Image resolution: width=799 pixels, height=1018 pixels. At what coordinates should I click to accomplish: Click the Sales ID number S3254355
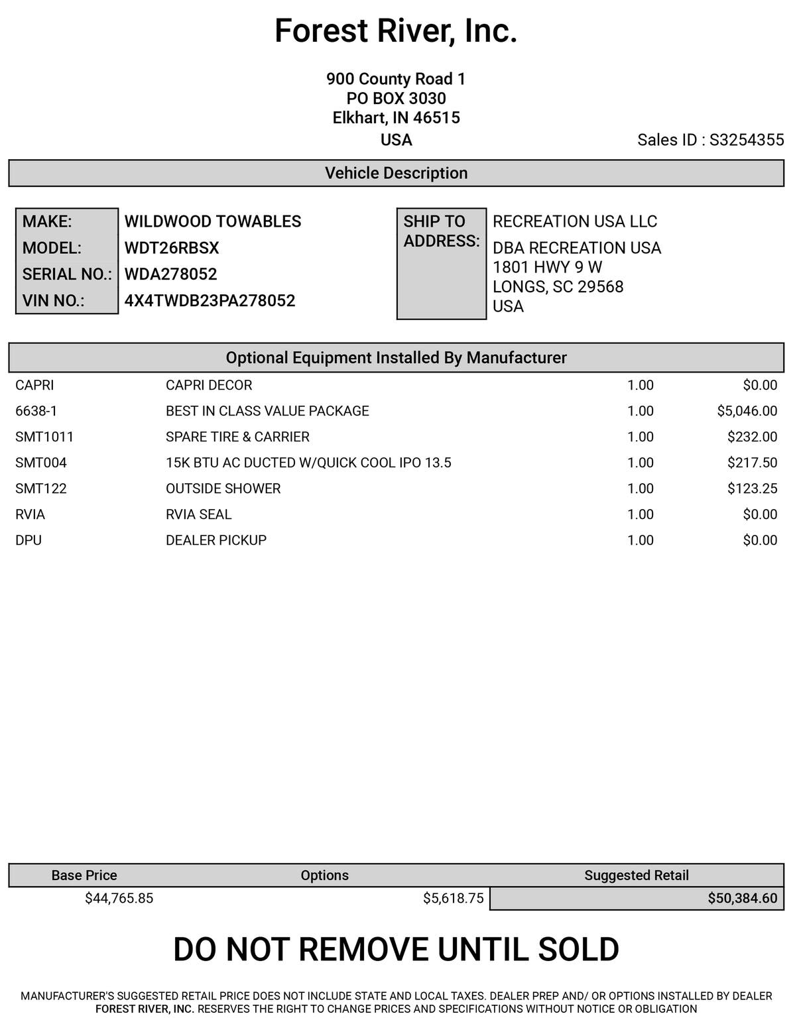747,140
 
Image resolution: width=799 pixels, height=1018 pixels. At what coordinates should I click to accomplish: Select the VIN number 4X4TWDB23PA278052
210,301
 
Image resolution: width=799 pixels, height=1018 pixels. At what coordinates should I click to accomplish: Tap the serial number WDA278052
170,274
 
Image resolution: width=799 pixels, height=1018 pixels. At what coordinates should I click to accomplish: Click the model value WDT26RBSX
171,248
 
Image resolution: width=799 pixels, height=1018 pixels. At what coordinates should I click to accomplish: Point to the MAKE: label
47,221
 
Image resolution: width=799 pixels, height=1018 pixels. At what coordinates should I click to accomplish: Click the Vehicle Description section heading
396,173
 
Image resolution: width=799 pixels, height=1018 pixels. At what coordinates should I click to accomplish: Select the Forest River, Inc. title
396,31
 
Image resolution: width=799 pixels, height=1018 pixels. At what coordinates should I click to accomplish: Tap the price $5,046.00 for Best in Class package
747,411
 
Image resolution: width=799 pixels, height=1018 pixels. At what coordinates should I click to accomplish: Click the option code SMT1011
44,437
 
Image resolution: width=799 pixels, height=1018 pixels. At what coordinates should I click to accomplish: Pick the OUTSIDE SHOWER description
223,488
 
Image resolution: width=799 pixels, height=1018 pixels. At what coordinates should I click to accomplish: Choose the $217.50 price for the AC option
752,463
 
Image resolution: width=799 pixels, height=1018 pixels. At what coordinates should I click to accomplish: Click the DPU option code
29,540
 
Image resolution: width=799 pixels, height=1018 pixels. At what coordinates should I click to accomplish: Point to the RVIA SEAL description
198,514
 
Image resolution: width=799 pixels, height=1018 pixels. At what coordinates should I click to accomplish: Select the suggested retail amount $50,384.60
742,899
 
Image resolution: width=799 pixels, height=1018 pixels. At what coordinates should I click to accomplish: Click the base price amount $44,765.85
119,899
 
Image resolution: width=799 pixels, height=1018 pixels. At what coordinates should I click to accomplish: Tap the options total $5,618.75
453,899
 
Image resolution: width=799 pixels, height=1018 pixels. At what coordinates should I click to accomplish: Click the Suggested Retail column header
636,876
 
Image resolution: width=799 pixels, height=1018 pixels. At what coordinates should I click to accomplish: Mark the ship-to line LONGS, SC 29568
558,287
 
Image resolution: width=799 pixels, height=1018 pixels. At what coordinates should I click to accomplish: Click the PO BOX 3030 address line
396,99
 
